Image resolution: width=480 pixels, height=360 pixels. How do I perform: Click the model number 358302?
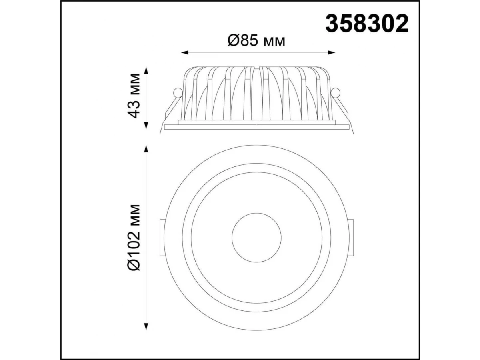tap(367, 23)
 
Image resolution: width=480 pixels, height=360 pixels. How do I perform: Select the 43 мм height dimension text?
tap(134, 96)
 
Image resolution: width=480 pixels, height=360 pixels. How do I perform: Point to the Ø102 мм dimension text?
tap(134, 238)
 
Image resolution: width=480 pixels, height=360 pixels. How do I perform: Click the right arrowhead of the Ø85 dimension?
tap(331, 52)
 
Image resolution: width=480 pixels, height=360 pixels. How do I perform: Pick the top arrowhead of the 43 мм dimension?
tap(146, 71)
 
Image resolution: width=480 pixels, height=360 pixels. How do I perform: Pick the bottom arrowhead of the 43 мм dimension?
tap(146, 126)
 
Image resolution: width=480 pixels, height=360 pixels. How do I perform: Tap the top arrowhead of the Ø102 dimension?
tap(146, 148)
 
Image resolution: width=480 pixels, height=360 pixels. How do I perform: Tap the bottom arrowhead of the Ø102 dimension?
tap(146, 326)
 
